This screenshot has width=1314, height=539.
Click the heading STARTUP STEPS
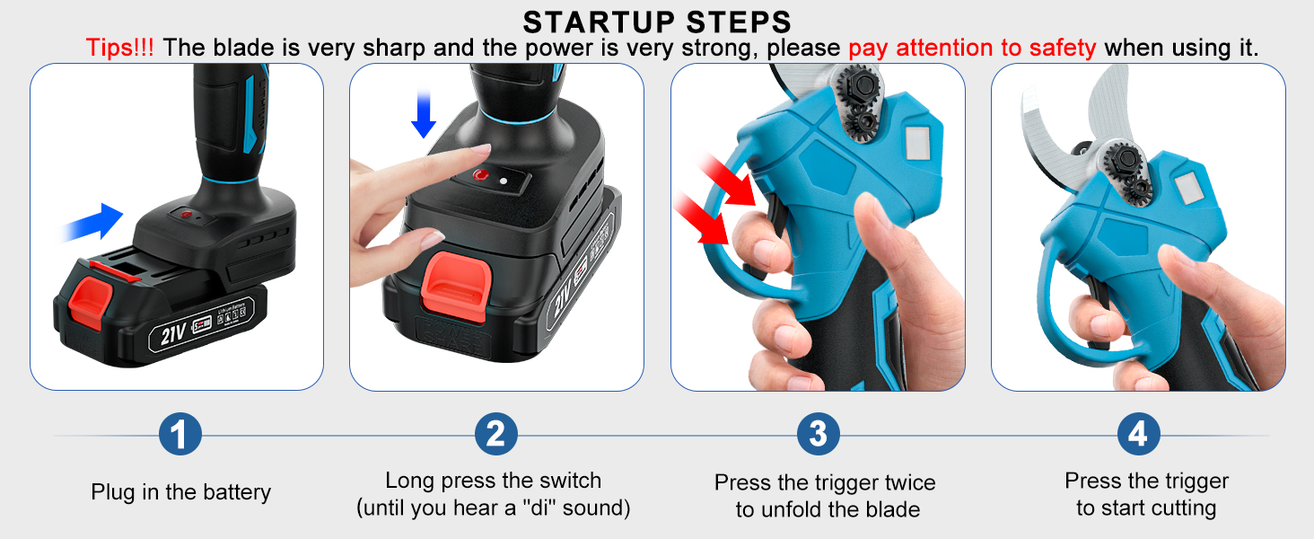[x=657, y=21]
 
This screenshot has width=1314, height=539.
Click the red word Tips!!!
[x=119, y=48]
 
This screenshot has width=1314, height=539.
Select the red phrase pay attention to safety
[x=972, y=48]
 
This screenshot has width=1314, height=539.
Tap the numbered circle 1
[x=180, y=435]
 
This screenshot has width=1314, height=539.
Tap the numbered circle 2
[x=495, y=435]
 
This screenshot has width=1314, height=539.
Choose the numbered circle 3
[x=818, y=435]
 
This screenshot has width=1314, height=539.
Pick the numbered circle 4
[x=1138, y=435]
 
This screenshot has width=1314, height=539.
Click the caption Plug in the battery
[x=180, y=492]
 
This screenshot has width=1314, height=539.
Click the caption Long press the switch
[x=493, y=481]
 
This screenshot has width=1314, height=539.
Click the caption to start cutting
[x=1146, y=508]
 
